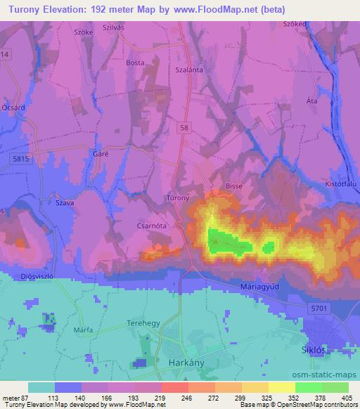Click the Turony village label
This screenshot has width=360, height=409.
tap(176, 198)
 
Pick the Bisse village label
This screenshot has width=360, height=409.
tap(233, 186)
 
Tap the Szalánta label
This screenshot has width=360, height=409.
tap(188, 70)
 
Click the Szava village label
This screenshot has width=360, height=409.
tap(64, 201)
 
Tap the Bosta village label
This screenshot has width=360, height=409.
tap(135, 63)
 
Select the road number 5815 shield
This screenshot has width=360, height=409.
tap(20, 160)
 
